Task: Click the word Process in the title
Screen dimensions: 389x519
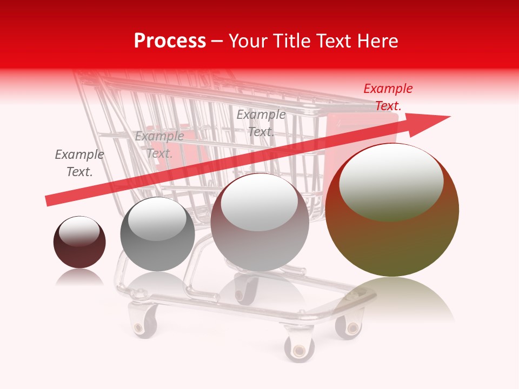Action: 170,41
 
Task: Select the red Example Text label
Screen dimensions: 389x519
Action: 388,97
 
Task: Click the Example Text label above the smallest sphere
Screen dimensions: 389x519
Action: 79,163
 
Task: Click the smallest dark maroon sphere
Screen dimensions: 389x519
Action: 79,243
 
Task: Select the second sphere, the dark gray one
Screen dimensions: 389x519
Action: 157,234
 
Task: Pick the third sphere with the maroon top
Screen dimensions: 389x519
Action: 259,222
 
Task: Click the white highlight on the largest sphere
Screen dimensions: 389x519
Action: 391,181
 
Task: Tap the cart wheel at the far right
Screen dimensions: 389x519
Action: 349,327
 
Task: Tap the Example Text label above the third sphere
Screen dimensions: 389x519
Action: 261,123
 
